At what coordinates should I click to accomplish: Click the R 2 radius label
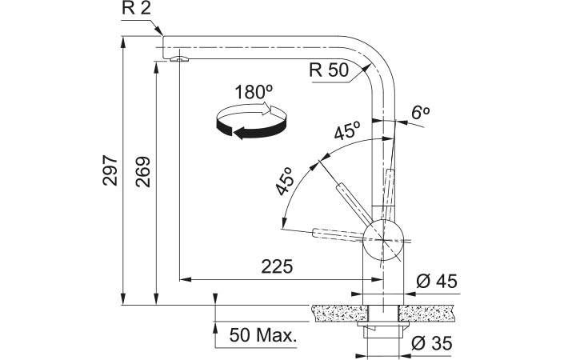[136, 8]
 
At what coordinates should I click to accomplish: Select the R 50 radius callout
[329, 70]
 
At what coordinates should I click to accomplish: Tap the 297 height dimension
[110, 170]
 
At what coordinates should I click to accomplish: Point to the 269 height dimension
[142, 172]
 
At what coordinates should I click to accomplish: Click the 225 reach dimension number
[277, 266]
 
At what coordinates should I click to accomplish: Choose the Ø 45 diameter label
[437, 282]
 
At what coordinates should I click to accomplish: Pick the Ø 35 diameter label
[432, 344]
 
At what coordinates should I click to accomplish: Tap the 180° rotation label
[254, 92]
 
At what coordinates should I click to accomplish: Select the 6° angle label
[420, 114]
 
